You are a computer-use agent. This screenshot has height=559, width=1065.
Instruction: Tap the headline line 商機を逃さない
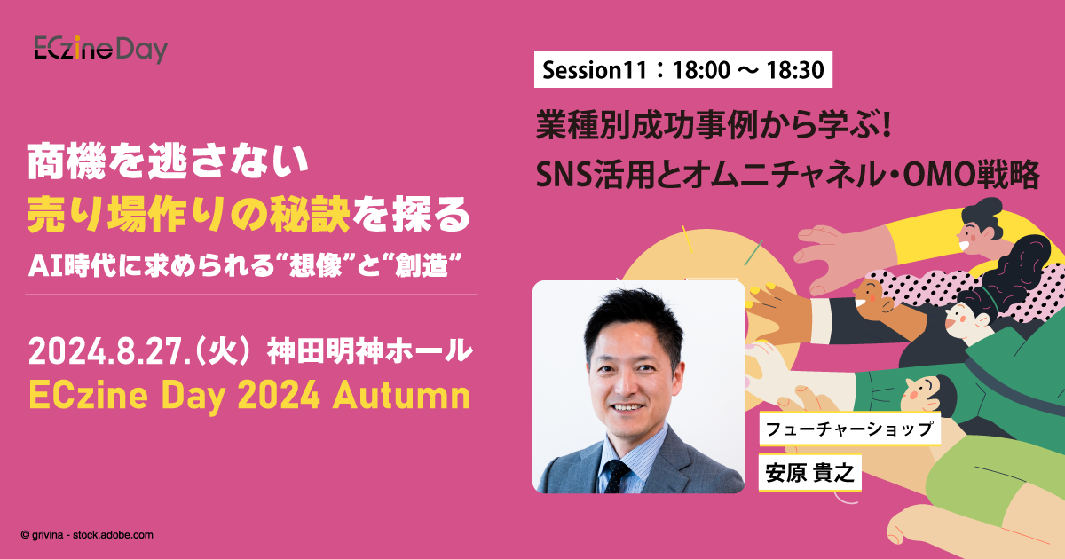click(x=166, y=161)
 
